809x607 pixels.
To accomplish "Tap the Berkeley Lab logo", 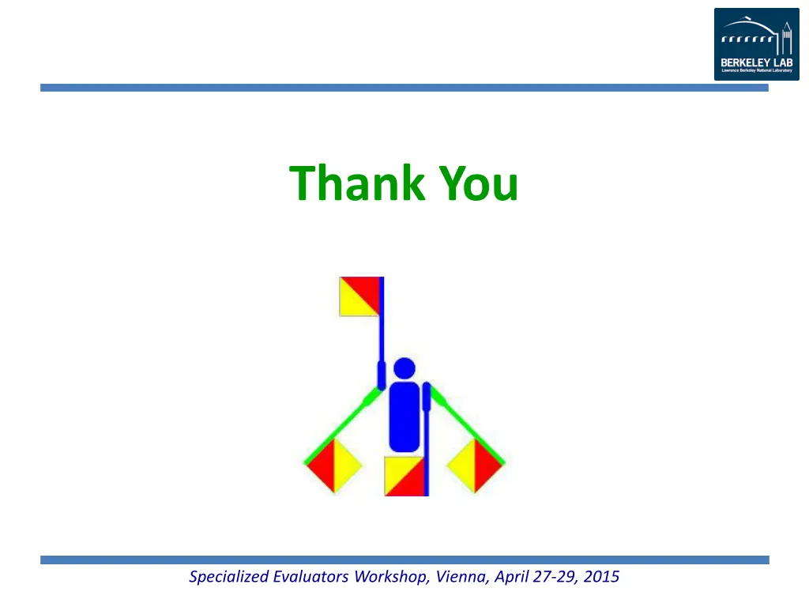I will [756, 44].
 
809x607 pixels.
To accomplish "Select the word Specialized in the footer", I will [229, 577].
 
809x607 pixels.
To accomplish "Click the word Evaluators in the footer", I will [311, 577].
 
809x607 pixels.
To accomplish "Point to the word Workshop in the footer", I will [390, 577].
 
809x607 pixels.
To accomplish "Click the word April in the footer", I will [512, 577].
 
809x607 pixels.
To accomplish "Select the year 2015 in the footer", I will [602, 577].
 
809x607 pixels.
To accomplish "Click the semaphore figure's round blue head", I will [404, 368].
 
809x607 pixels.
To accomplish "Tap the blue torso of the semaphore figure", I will [404, 417].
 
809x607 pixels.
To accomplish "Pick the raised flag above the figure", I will [359, 296].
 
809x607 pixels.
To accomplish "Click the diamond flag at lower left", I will [333, 466].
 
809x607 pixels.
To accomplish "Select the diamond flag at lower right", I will [475, 466].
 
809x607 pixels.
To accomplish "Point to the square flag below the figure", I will [404, 477].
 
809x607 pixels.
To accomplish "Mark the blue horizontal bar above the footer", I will [404, 560].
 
